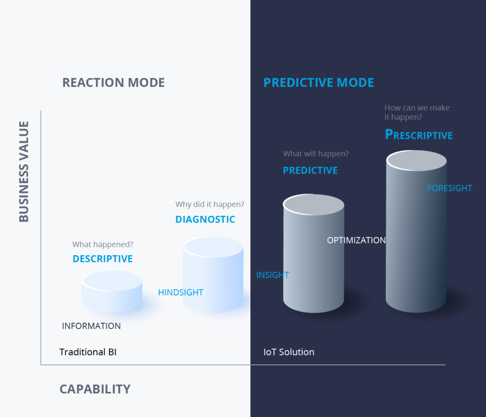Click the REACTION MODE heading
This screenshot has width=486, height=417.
(113, 83)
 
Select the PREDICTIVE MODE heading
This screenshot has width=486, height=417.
(318, 83)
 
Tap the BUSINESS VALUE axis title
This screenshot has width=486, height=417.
(24, 171)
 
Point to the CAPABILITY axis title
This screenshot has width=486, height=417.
(95, 389)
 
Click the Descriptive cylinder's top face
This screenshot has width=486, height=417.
(112, 281)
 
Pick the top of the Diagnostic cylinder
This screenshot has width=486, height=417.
(213, 247)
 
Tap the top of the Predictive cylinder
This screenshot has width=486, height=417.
(314, 204)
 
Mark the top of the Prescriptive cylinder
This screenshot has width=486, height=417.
(416, 161)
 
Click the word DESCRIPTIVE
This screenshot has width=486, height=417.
(103, 259)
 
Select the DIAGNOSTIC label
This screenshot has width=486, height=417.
(205, 219)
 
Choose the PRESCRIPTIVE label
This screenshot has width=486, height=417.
(419, 135)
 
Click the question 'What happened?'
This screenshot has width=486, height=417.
(103, 244)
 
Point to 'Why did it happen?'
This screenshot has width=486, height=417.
(210, 204)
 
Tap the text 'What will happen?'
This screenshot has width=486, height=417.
(316, 154)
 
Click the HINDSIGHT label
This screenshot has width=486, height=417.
(181, 292)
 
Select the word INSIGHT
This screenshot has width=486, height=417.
(272, 275)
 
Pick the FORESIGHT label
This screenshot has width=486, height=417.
(449, 188)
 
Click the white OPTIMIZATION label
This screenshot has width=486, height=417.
(356, 240)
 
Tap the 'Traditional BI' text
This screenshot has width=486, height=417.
(88, 352)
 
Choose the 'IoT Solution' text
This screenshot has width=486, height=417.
(289, 352)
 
